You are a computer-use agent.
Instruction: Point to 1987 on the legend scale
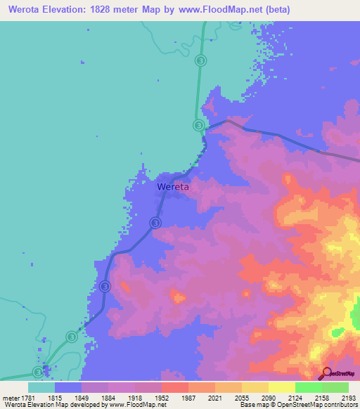pyautogui.click(x=188, y=398)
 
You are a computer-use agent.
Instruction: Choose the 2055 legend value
pyautogui.click(x=241, y=398)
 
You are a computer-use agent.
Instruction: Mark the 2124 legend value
pyautogui.click(x=295, y=398)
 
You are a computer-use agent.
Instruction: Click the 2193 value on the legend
pyautogui.click(x=348, y=398)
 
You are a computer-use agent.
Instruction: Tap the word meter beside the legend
pyautogui.click(x=9, y=398)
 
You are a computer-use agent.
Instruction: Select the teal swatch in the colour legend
pyautogui.click(x=41, y=387)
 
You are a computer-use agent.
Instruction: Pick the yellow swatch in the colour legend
pyautogui.click(x=282, y=387)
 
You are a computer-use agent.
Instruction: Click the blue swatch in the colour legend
pyautogui.click(x=68, y=387)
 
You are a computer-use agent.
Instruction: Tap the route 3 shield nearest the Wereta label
pyautogui.click(x=155, y=223)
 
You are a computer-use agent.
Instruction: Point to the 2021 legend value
pyautogui.click(x=214, y=398)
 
